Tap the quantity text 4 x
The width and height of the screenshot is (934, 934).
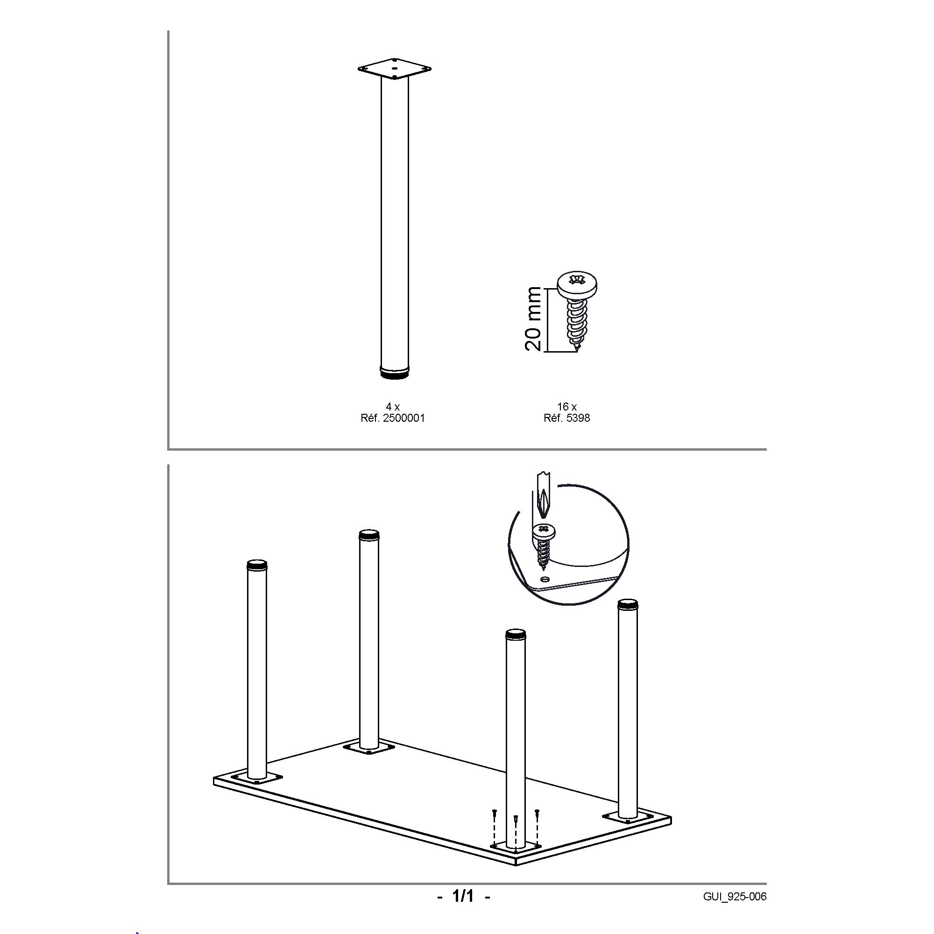click(393, 407)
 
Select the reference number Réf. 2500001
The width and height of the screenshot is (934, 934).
click(393, 418)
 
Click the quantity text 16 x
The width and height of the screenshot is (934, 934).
click(566, 407)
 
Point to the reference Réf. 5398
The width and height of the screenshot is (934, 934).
click(566, 418)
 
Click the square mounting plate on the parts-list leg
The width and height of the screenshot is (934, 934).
click(394, 69)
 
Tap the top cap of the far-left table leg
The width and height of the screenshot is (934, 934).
click(257, 564)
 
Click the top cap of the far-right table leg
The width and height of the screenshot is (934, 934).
click(628, 604)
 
